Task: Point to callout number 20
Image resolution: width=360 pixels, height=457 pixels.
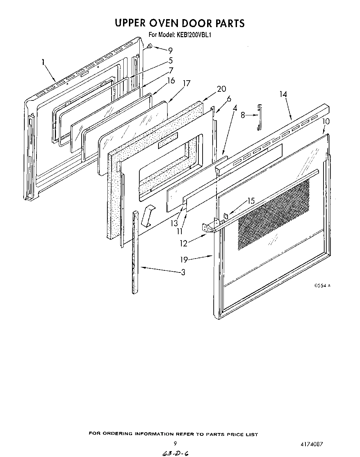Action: (x=221, y=89)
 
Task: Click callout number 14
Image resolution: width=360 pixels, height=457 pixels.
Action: (x=283, y=94)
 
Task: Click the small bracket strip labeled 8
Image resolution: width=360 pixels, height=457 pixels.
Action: (x=259, y=117)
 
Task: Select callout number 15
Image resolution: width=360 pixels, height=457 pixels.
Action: (x=251, y=201)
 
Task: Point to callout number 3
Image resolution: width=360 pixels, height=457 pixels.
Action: (x=183, y=272)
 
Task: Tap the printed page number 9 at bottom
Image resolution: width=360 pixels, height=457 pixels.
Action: (x=175, y=443)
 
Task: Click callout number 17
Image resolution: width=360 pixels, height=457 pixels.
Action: (x=187, y=83)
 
